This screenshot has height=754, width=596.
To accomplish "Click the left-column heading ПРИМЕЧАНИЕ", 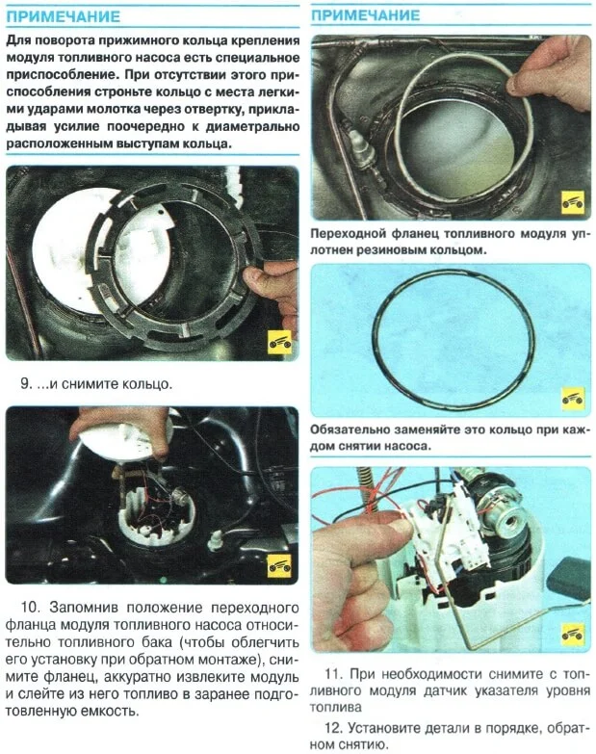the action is [x=63, y=16].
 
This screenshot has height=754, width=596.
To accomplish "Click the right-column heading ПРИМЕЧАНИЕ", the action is [x=365, y=14].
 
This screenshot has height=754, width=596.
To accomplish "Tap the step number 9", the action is [x=26, y=384].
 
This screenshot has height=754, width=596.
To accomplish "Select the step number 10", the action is [x=30, y=607].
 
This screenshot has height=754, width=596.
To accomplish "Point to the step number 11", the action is [x=333, y=674].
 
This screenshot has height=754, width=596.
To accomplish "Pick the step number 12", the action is [x=333, y=728].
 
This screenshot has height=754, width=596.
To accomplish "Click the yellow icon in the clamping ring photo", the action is [x=280, y=343].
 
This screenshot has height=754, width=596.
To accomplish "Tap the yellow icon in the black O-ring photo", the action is [x=573, y=399].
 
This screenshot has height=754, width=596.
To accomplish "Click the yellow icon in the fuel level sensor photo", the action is [x=573, y=635].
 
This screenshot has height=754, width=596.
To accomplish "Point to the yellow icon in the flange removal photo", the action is [x=280, y=565].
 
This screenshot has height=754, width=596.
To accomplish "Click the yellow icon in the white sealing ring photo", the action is [x=573, y=202].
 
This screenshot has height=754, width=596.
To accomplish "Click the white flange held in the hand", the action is [x=126, y=438].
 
